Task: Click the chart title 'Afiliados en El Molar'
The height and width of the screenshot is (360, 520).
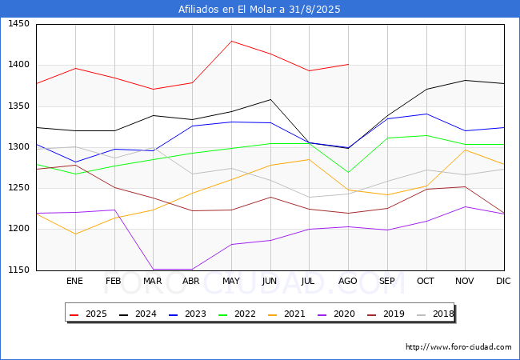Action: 259,10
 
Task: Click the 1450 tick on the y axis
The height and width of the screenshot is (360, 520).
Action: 18,24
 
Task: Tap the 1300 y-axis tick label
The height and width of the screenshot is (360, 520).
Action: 18,147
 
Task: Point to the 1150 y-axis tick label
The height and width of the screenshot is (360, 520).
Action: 18,270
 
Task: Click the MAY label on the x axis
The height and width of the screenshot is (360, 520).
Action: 231,282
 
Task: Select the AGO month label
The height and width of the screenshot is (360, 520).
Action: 348,282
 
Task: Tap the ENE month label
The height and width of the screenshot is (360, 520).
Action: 75,282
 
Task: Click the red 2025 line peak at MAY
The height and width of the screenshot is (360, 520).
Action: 231,41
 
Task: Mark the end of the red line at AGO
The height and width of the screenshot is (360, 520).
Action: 348,64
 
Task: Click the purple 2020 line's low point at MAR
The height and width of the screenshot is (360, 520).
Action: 153,270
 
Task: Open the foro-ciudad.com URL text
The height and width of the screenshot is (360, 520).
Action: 458,347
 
